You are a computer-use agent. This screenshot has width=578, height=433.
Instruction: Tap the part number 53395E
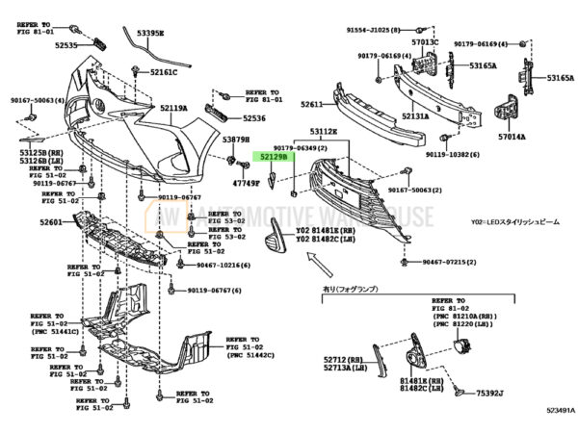click(x=149, y=34)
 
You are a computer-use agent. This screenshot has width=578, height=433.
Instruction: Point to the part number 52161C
click(x=163, y=73)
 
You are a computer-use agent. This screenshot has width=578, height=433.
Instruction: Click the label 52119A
click(x=173, y=109)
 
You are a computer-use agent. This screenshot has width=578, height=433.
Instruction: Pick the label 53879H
click(x=237, y=140)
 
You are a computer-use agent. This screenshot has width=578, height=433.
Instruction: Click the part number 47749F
click(x=247, y=182)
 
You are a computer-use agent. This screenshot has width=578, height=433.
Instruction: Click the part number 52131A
click(x=416, y=116)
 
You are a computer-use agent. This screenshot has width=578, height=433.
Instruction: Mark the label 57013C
click(x=425, y=42)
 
